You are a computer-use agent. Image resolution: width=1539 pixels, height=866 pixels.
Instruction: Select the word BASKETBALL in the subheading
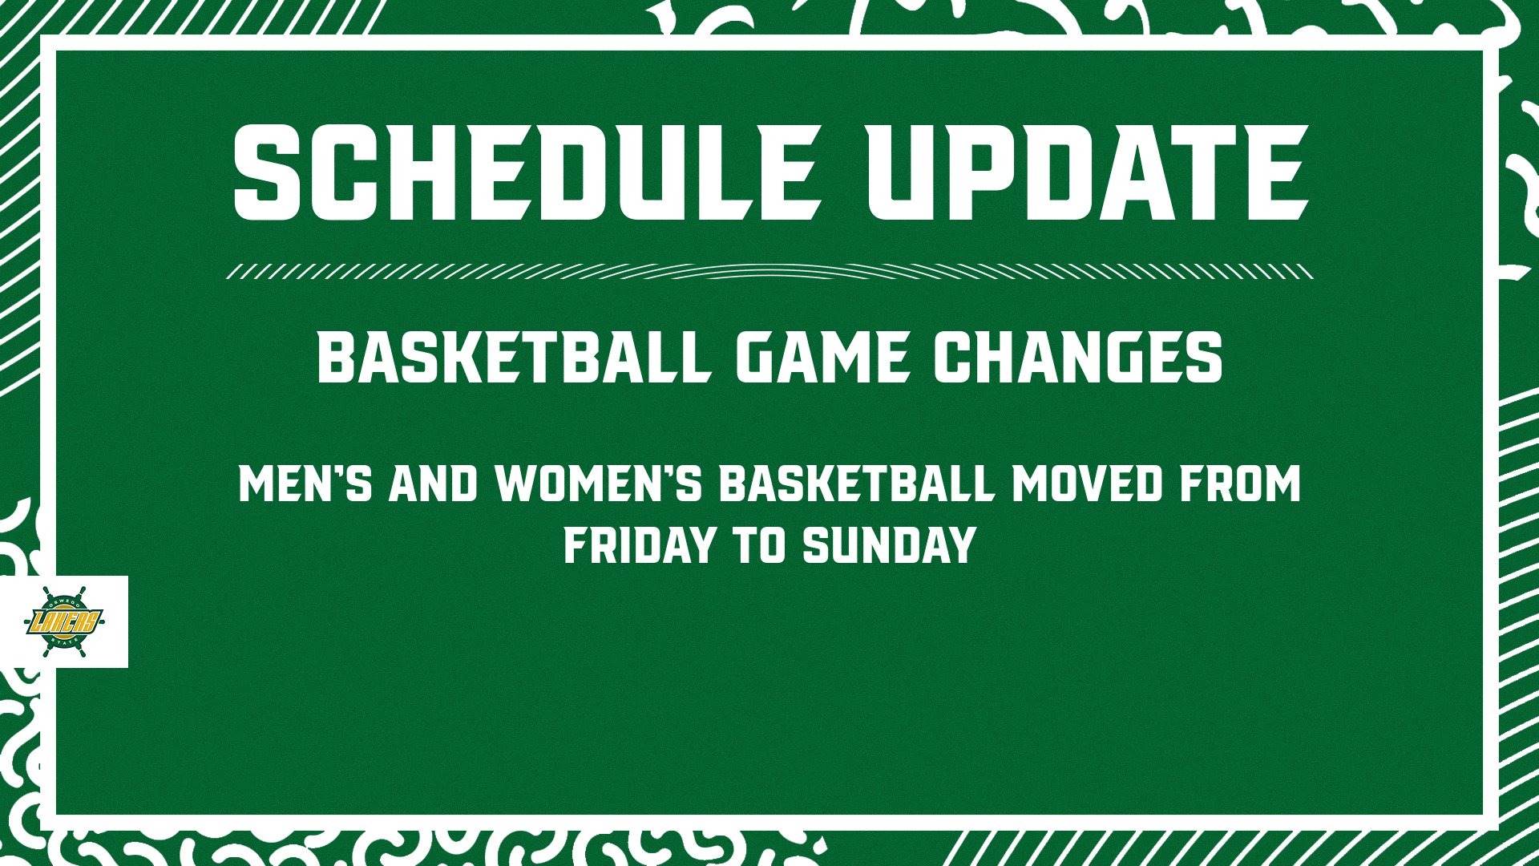click(514, 358)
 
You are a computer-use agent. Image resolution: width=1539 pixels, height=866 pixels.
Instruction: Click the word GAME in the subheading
click(821, 358)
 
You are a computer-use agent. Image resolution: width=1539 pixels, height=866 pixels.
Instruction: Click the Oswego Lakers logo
click(66, 621)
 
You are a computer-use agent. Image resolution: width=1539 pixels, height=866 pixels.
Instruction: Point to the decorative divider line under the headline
click(769, 271)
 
